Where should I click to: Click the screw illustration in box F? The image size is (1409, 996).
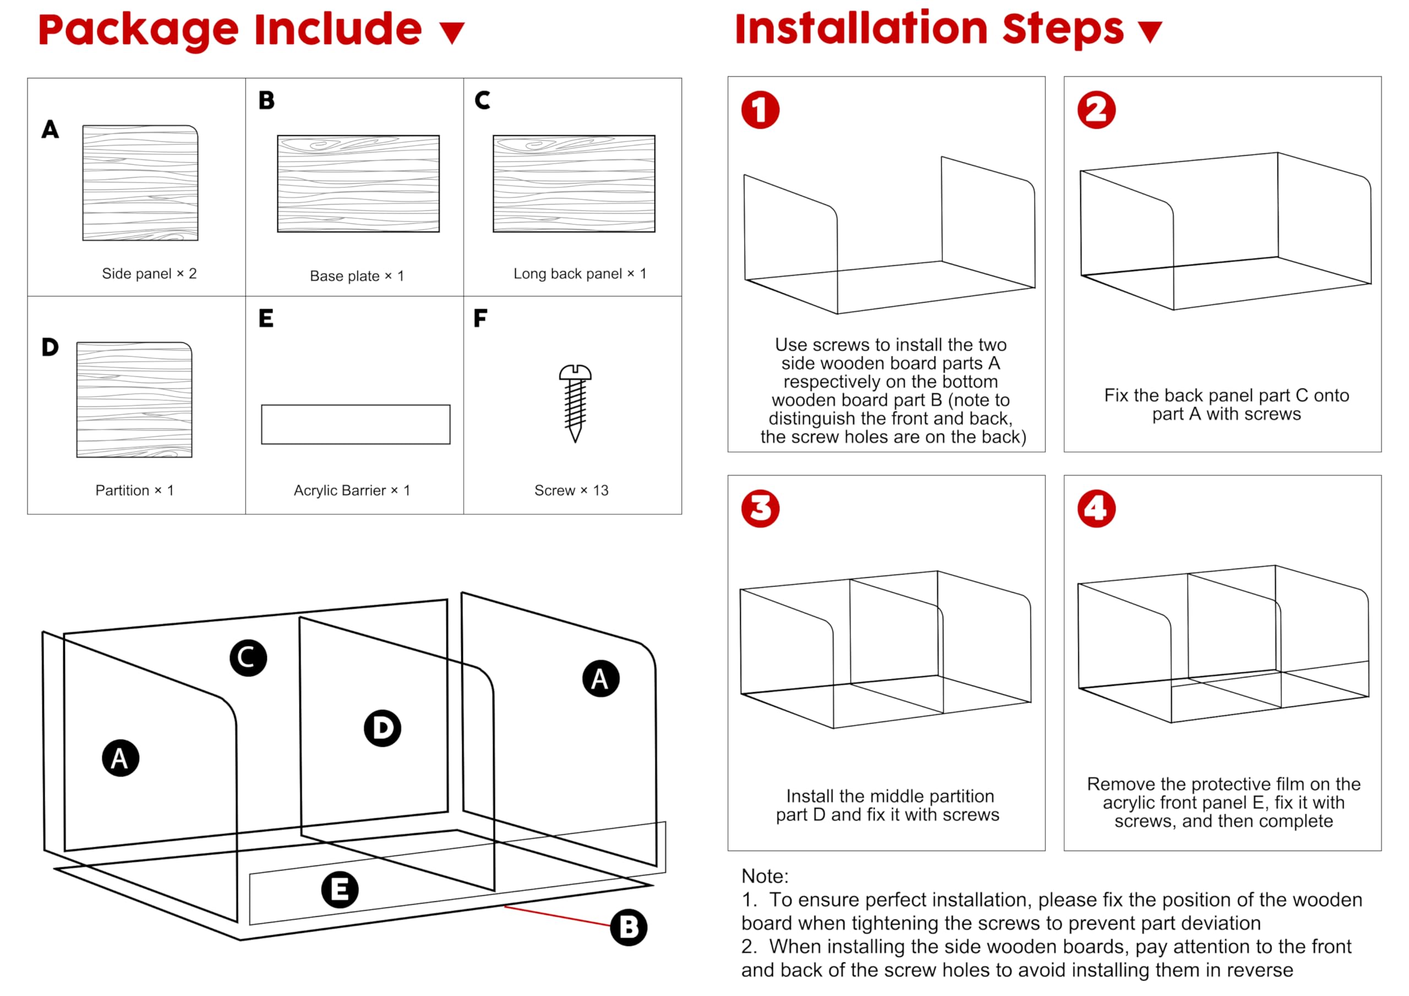[x=575, y=403]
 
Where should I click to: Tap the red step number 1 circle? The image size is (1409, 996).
[x=760, y=111]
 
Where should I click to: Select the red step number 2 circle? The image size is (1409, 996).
[x=1096, y=111]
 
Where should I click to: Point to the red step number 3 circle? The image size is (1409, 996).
[x=760, y=509]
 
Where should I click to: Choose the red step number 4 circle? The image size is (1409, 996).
[x=1096, y=509]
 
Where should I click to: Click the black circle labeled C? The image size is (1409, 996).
[x=248, y=658]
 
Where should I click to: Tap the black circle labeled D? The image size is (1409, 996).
[x=383, y=729]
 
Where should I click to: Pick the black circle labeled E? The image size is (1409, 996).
[x=340, y=890]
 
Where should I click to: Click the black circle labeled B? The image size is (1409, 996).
[x=629, y=927]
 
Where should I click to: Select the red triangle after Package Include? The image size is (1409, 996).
[x=452, y=32]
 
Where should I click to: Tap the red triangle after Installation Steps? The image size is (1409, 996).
[x=1149, y=31]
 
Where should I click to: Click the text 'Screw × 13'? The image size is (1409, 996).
[x=571, y=490]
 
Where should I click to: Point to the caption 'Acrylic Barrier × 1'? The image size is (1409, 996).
[x=352, y=490]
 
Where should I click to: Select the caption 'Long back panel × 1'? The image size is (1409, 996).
[x=580, y=273]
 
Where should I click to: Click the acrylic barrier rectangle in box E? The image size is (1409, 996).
[x=356, y=424]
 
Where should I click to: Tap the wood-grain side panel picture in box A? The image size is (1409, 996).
[x=140, y=183]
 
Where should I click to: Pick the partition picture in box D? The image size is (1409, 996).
[x=134, y=400]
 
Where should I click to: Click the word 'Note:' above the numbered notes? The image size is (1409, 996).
[x=764, y=875]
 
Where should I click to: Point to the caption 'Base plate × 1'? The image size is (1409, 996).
[x=357, y=276]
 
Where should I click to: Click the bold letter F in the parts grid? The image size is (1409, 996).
[x=480, y=318]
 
